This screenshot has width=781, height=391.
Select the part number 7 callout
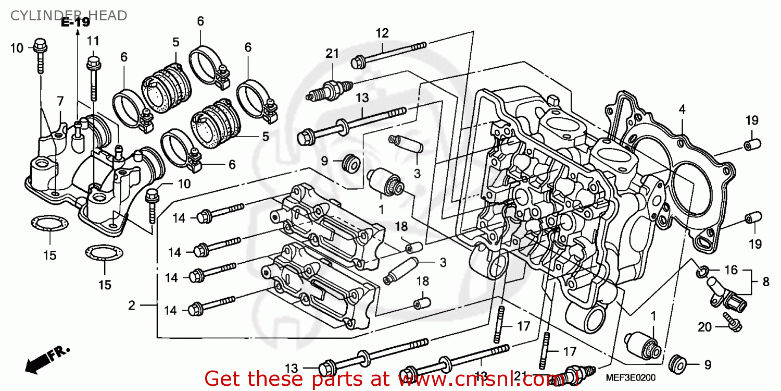[x=60, y=101]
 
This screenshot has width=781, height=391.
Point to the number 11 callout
[x=93, y=41]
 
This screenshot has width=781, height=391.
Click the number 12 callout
[x=382, y=33]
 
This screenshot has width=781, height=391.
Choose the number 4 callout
[x=682, y=109]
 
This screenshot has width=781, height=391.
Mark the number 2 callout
[x=131, y=306]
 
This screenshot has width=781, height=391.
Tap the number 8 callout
[x=765, y=282]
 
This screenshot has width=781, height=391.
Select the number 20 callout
[x=704, y=327]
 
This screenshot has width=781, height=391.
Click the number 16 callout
[x=731, y=270]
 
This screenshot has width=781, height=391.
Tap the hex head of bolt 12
[x=357, y=63]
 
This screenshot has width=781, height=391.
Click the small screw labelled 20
[x=732, y=321]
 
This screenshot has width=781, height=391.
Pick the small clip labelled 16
[x=702, y=271]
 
